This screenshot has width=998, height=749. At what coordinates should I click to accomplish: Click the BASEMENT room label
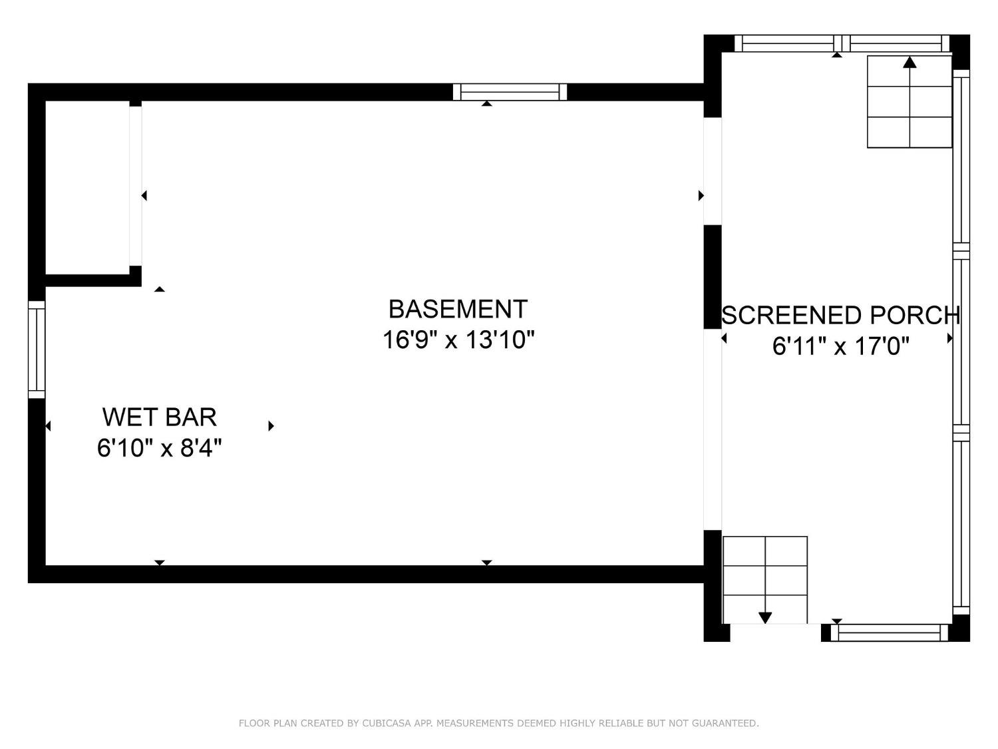click(x=458, y=309)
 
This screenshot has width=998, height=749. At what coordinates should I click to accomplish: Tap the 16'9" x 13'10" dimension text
click(x=458, y=340)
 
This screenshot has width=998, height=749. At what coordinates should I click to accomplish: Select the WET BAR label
click(x=160, y=417)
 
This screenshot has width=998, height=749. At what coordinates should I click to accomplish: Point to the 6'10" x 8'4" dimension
click(x=160, y=447)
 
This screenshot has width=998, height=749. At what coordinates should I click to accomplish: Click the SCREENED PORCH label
click(x=841, y=315)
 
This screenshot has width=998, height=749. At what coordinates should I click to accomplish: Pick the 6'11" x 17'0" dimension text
click(x=841, y=346)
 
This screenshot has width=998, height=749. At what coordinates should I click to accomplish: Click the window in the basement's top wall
click(x=510, y=92)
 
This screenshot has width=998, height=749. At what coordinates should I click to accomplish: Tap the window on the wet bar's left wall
click(x=37, y=350)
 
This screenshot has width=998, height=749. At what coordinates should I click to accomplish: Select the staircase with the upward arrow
click(x=910, y=102)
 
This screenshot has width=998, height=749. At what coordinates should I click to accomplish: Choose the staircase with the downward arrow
click(x=765, y=580)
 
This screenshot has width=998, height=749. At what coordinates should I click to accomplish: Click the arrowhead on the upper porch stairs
click(x=910, y=63)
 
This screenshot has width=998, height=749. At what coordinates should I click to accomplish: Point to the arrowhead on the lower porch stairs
click(x=765, y=618)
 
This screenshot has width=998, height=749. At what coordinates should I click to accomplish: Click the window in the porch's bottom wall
click(x=890, y=632)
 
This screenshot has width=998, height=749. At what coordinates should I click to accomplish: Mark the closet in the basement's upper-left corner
click(x=87, y=187)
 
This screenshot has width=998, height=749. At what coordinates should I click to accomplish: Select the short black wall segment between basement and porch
click(x=713, y=276)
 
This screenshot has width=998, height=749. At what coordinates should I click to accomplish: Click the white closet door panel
click(x=136, y=186)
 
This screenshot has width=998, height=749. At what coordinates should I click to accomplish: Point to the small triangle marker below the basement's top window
click(x=487, y=104)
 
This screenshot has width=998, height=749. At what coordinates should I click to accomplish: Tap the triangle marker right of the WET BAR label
click(x=271, y=426)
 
